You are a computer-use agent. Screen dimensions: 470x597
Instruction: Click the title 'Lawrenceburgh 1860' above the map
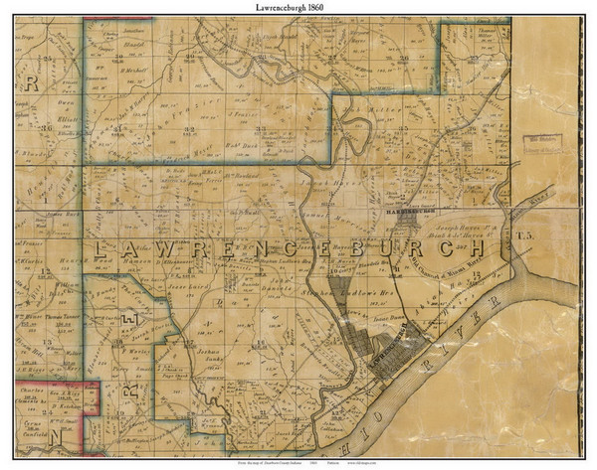[x=298, y=8]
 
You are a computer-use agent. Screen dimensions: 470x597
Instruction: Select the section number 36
[x=45, y=129]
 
